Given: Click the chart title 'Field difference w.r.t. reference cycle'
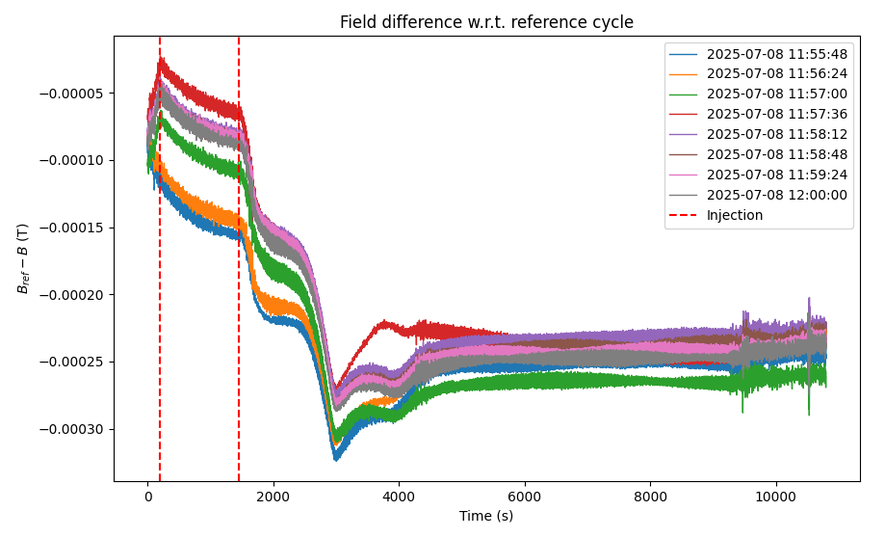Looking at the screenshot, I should [486, 22].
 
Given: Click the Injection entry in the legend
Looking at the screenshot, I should [734, 215].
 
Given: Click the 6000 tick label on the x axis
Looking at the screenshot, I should [525, 497].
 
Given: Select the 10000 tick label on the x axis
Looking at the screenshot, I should [775, 497].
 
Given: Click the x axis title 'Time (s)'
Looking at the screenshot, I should [486, 517].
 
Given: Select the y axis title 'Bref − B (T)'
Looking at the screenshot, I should [22, 258].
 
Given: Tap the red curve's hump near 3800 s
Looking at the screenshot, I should [386, 325].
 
